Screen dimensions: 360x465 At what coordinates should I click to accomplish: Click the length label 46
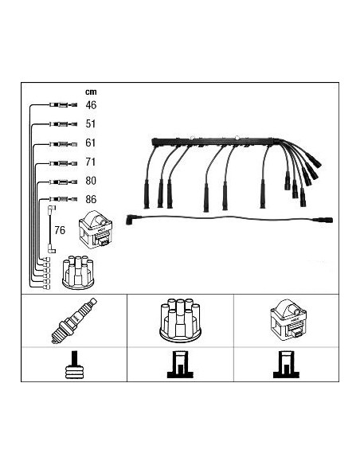(91, 105)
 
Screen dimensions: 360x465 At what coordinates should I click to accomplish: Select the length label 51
(91, 123)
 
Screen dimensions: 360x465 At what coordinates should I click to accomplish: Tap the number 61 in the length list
(91, 143)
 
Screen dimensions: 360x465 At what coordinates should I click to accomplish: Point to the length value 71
(91, 162)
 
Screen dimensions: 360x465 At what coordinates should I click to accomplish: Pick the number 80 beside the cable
(91, 181)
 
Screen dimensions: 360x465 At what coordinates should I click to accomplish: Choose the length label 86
(91, 199)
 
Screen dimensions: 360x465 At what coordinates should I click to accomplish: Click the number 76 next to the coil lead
(60, 230)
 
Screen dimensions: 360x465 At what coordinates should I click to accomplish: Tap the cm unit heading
(91, 92)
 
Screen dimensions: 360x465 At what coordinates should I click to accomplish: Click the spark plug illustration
(74, 321)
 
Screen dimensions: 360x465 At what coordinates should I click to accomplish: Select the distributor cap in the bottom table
(180, 321)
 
